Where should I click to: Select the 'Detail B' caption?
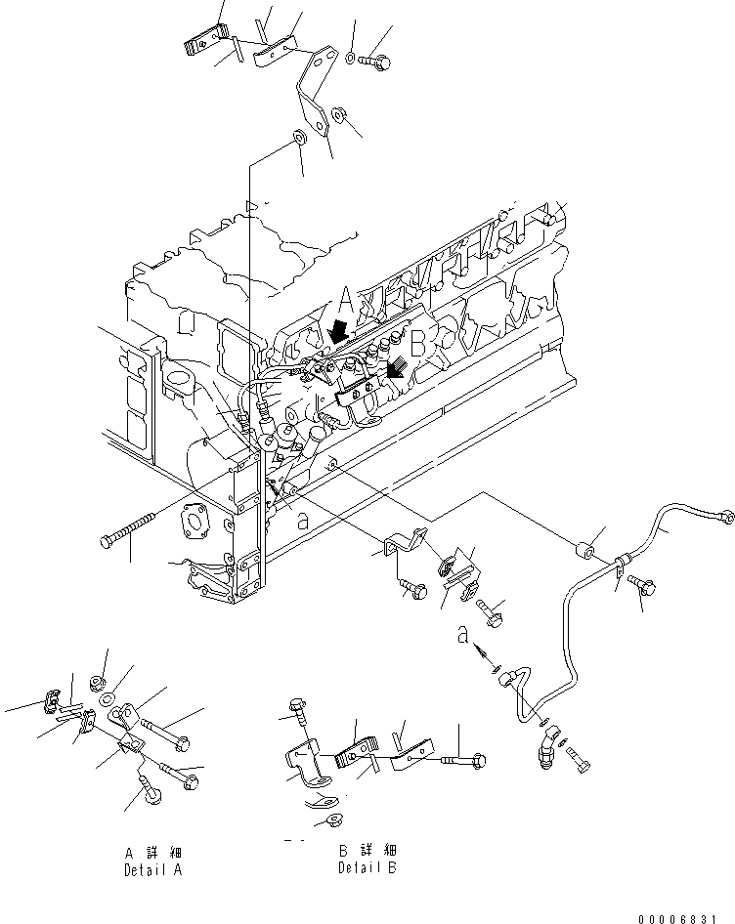click(367, 867)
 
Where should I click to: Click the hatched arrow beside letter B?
click(396, 369)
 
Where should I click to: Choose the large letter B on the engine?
click(416, 344)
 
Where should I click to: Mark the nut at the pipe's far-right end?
click(723, 515)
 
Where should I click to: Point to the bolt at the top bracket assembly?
click(375, 62)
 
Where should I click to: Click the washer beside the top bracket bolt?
click(351, 59)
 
